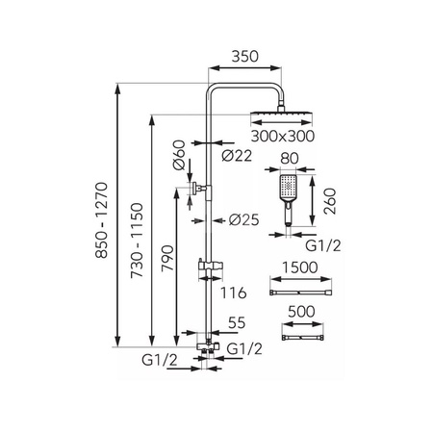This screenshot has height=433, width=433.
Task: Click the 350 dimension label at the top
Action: [244, 57]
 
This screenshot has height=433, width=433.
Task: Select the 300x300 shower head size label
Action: [283, 136]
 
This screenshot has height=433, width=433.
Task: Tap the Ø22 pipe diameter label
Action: [237, 156]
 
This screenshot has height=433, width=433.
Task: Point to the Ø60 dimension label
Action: [179, 155]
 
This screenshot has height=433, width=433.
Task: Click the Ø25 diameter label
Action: [243, 220]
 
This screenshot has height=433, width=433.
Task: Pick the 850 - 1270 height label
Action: [102, 220]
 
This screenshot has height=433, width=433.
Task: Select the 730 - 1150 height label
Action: [137, 241]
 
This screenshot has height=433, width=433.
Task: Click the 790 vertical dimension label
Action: [167, 259]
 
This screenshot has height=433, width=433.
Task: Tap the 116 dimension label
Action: [233, 293]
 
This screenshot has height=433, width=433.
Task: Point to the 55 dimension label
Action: [237, 322]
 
